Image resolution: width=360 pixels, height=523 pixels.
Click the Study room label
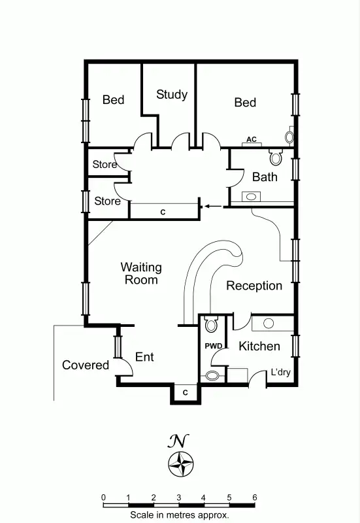172,95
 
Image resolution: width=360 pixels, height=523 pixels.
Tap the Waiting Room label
141,273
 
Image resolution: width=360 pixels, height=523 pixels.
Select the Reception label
254,286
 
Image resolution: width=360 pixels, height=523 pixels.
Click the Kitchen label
259,346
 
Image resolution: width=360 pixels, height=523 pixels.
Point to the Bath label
265,177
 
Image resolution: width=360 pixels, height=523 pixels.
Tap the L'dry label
281,373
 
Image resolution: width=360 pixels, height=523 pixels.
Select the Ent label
144,357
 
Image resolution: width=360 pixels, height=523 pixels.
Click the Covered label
86,365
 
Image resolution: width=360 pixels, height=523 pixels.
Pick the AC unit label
252,139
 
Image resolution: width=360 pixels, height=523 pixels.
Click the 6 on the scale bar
254,498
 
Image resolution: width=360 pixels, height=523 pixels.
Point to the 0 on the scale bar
104,498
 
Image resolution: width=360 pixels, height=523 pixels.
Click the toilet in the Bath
275,157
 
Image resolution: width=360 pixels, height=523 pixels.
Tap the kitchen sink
267,323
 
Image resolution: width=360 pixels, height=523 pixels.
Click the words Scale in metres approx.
179,515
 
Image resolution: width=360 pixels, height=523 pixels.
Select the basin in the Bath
250,196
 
